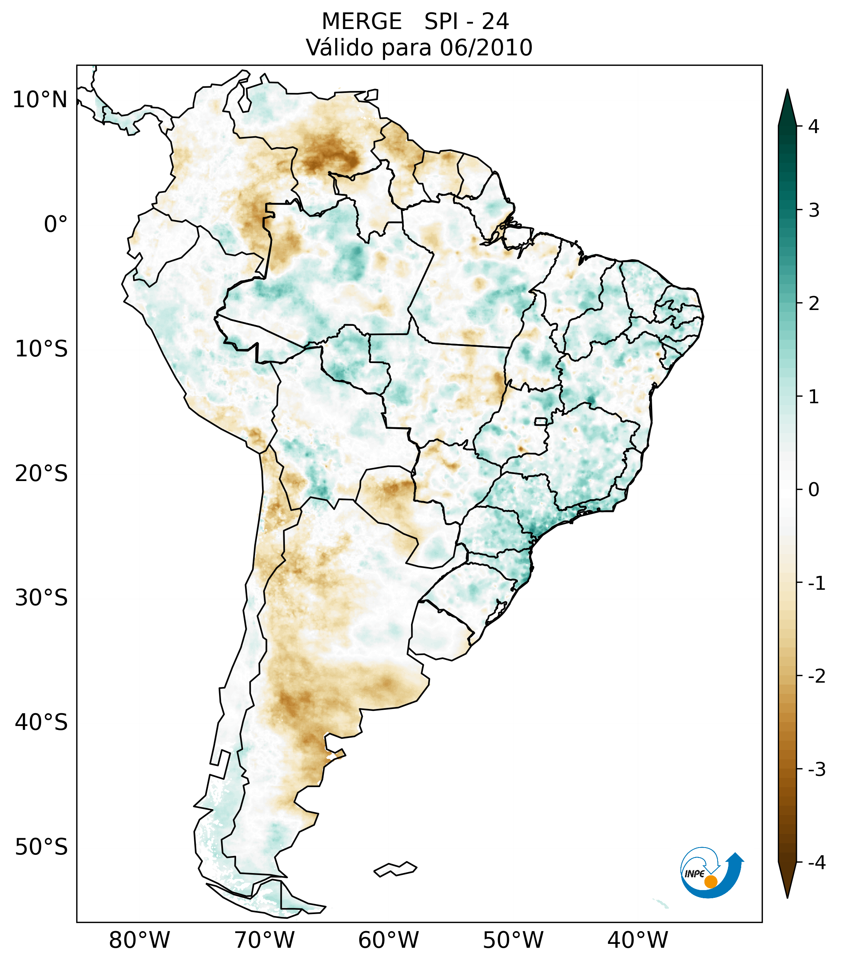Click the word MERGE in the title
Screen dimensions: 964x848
[362, 22]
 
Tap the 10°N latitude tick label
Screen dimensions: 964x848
[40, 100]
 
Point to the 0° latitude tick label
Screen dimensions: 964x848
[56, 224]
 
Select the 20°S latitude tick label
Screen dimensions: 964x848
[41, 474]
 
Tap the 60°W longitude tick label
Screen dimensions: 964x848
[388, 940]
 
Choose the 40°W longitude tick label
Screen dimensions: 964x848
[638, 940]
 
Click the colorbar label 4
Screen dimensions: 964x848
[814, 127]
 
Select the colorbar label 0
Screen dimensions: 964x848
[814, 490]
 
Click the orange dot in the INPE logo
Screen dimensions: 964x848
[711, 882]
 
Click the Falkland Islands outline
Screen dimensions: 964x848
[395, 869]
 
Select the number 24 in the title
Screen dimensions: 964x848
[495, 22]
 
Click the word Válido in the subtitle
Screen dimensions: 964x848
[339, 48]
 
